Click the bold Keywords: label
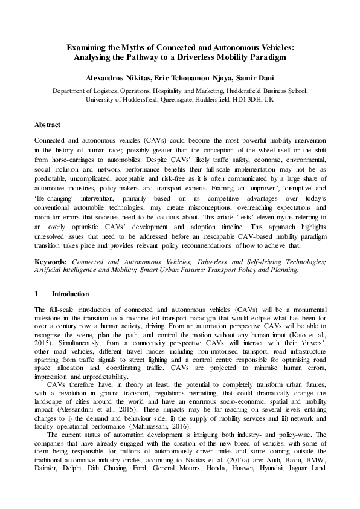point(51,262)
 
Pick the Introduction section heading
point(71,294)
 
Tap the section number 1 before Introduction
point(37,294)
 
